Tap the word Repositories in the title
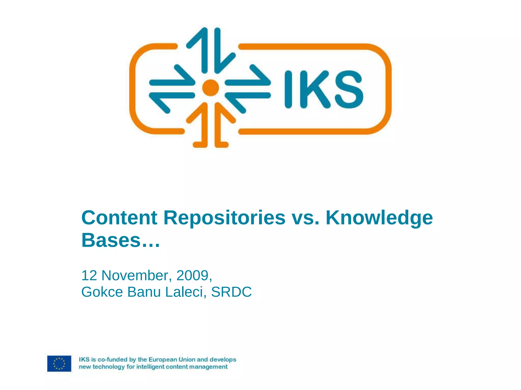point(224,218)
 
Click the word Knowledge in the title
point(379,218)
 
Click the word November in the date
point(135,275)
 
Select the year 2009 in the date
point(192,275)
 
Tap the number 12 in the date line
point(89,275)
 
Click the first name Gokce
point(102,292)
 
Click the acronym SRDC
point(231,292)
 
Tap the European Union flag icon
point(59,363)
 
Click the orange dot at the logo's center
point(211,88)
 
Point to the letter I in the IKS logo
point(288,89)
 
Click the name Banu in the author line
point(144,292)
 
